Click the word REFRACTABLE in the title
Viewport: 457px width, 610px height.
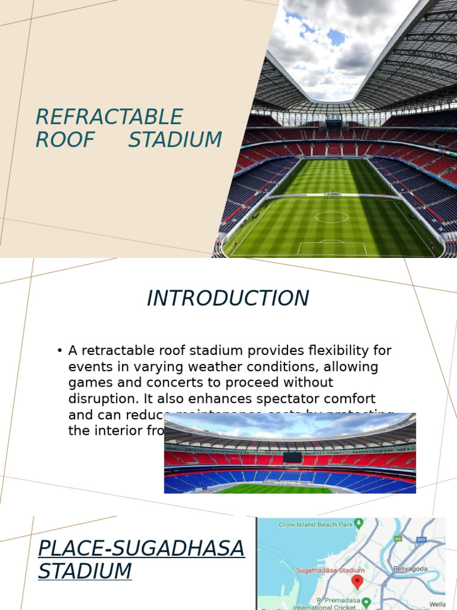click(109, 117)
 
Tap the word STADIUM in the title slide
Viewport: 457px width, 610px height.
click(175, 140)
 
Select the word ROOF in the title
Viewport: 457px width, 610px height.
click(65, 140)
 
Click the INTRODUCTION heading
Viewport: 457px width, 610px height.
click(228, 298)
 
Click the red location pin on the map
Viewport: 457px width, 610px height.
click(357, 582)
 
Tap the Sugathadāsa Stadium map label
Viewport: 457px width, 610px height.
click(330, 570)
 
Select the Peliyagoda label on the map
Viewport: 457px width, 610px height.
click(410, 568)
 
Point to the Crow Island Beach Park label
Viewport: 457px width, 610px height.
click(315, 524)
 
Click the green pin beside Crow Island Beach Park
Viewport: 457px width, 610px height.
click(358, 524)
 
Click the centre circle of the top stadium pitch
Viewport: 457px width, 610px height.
click(331, 217)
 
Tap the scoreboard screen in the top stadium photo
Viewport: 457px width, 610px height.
click(333, 125)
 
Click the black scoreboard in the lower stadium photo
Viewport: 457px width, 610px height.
click(292, 457)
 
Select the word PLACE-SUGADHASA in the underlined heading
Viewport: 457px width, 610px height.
click(141, 548)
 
